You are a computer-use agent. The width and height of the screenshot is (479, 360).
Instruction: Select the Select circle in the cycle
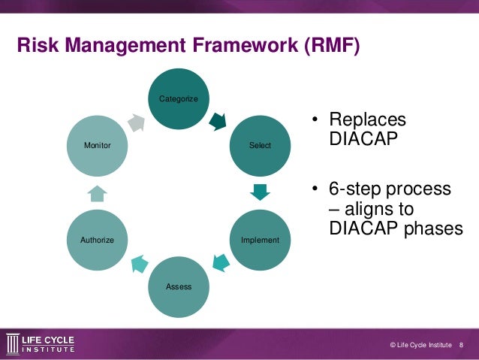260,145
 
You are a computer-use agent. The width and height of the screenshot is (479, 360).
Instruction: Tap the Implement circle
260,240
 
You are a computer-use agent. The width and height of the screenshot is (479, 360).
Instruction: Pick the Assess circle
179,286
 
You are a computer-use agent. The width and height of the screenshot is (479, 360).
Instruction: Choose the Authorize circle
97,240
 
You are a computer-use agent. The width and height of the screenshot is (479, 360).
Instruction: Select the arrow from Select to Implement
260,192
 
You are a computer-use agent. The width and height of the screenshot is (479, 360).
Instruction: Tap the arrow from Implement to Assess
219,263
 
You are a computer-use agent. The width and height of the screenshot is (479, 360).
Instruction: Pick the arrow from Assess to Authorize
139,263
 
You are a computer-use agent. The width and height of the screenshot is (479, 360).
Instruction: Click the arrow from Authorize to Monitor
98,193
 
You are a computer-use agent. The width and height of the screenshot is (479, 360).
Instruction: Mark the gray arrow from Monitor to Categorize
137,122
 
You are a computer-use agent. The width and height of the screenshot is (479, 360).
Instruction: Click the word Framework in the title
230,47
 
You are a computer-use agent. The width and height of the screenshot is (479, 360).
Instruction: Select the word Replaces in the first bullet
367,121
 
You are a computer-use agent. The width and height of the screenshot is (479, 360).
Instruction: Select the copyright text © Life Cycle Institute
420,344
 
